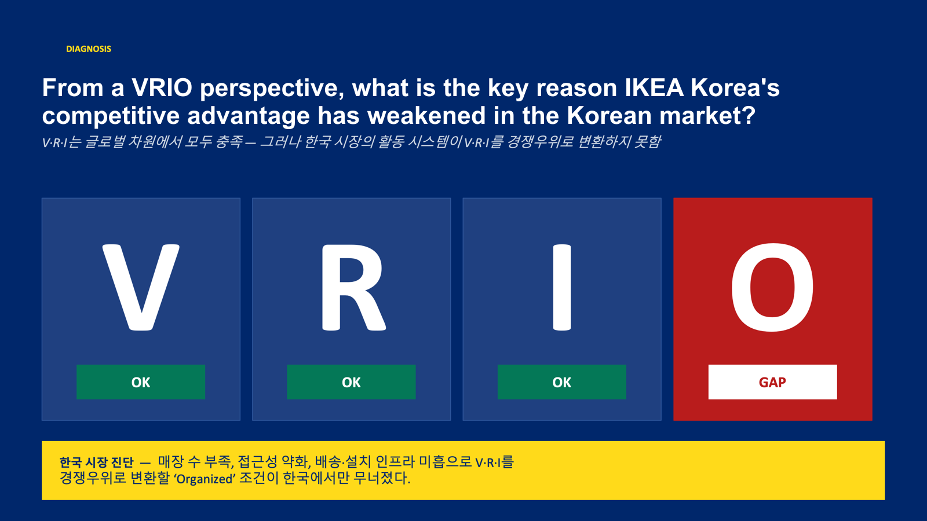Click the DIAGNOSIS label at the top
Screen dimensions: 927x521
pyautogui.click(x=89, y=49)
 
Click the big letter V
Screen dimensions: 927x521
pyautogui.click(x=141, y=287)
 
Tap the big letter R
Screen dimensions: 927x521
pyautogui.click(x=353, y=287)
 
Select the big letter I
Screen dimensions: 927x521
pyautogui.click(x=562, y=287)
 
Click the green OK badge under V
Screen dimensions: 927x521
pyautogui.click(x=141, y=382)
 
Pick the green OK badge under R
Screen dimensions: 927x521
pyautogui.click(x=351, y=382)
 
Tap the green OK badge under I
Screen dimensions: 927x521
pyautogui.click(x=561, y=382)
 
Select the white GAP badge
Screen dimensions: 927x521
pyautogui.click(x=773, y=382)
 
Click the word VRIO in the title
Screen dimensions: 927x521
pyautogui.click(x=162, y=87)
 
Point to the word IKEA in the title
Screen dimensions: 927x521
pyautogui.click(x=654, y=87)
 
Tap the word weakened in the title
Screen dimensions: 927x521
pyautogui.click(x=426, y=115)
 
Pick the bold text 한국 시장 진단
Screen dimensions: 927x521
pyautogui.click(x=96, y=463)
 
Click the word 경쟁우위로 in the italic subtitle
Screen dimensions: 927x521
pyautogui.click(x=540, y=142)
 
